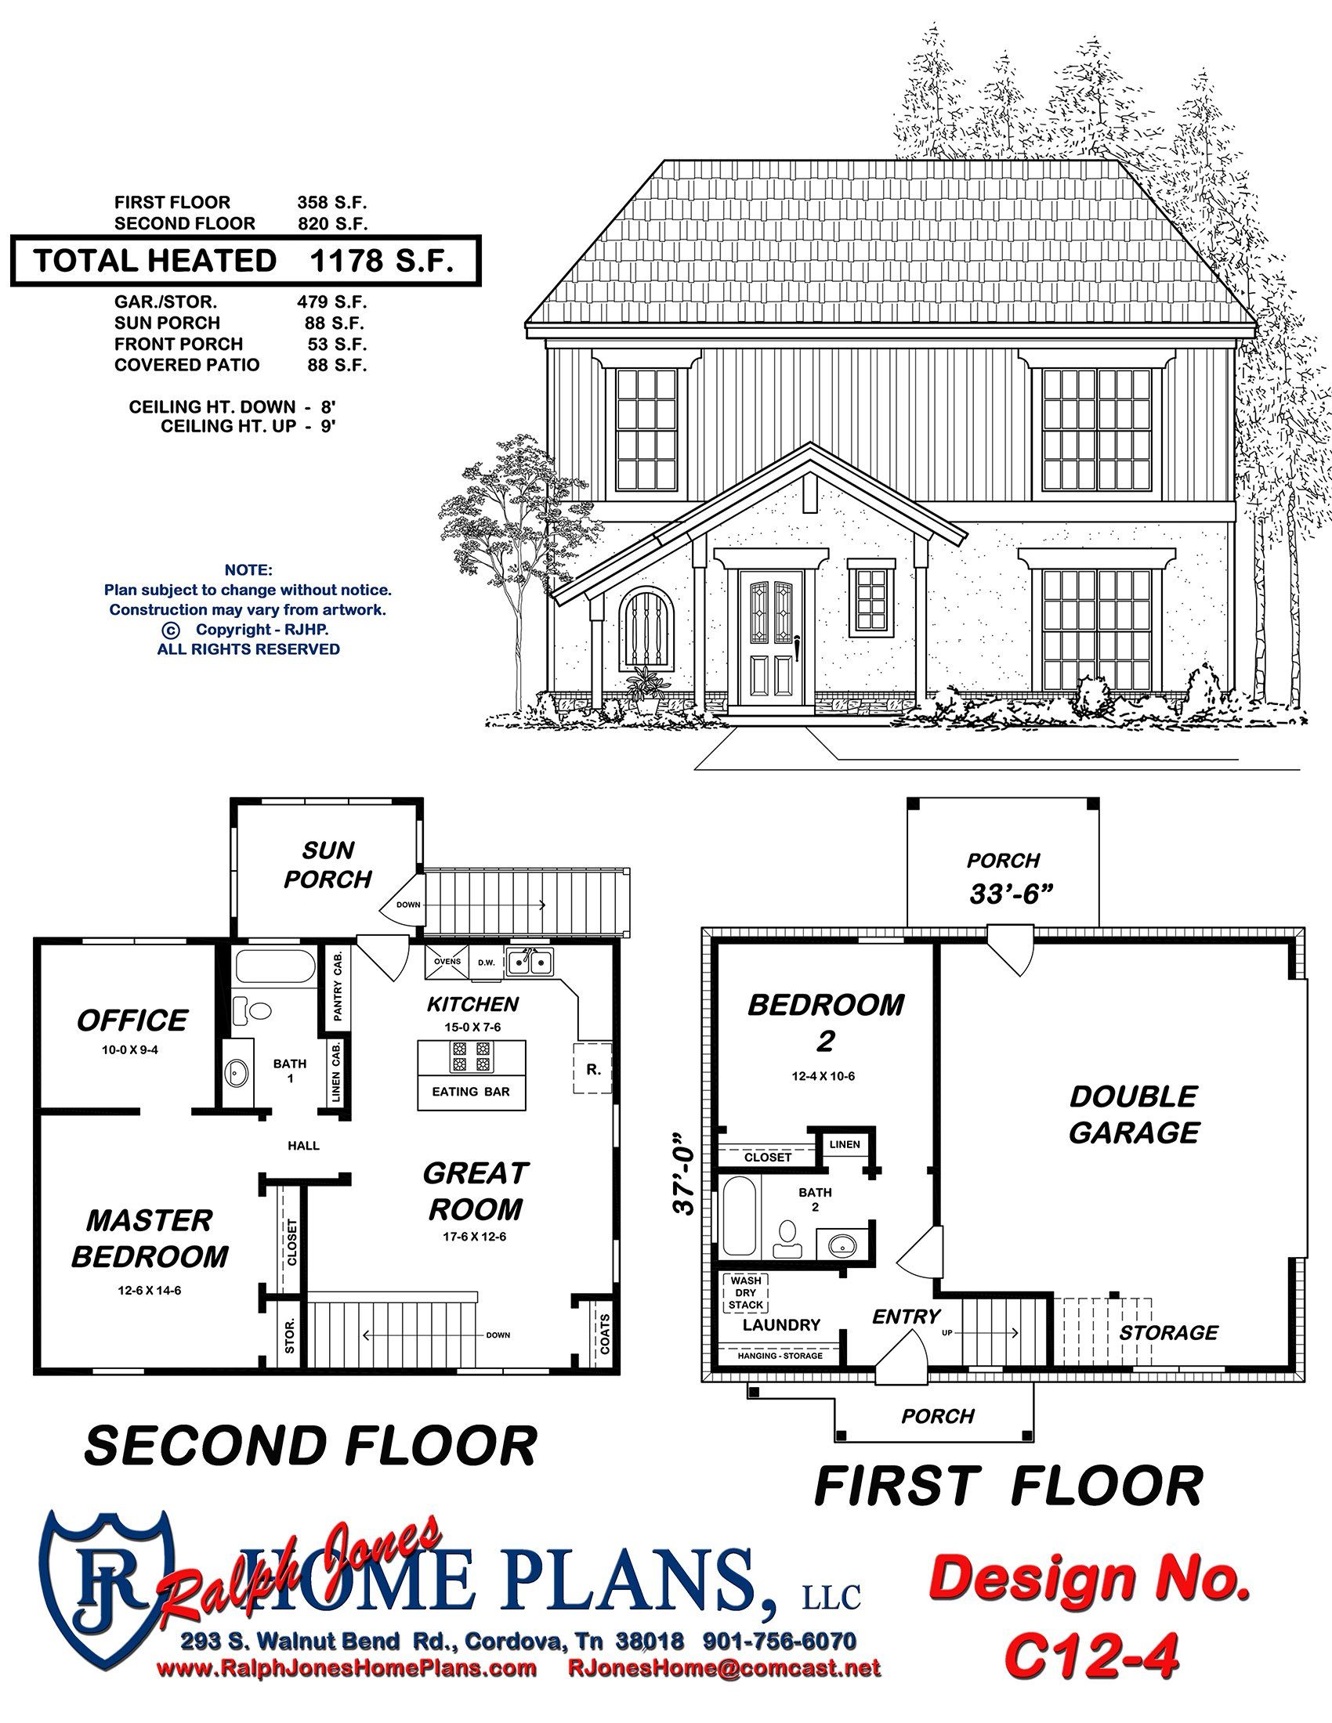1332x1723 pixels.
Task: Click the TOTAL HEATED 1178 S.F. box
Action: pyautogui.click(x=244, y=260)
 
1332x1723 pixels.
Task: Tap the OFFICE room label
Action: pyautogui.click(x=132, y=1020)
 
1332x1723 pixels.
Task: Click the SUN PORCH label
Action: pyautogui.click(x=328, y=865)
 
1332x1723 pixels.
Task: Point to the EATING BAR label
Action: pyautogui.click(x=471, y=1092)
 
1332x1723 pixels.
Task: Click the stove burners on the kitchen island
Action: pyautogui.click(x=469, y=1057)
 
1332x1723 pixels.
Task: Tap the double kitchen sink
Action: pyautogui.click(x=530, y=962)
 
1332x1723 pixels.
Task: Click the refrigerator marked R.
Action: pyautogui.click(x=593, y=1070)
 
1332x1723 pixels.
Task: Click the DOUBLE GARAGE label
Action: pyautogui.click(x=1133, y=1114)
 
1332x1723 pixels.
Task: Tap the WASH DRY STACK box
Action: pyautogui.click(x=746, y=1293)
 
